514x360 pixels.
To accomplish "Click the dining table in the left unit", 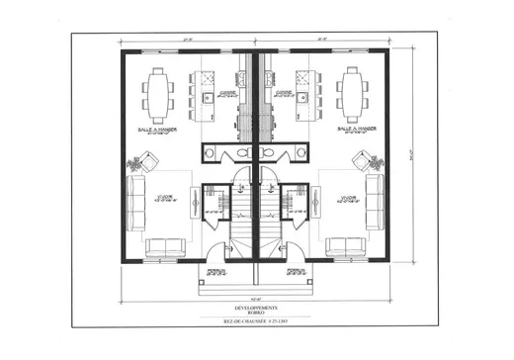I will point(159,90).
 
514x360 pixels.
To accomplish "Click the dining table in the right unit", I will point(353,90).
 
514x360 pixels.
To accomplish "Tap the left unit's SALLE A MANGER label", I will point(158,131).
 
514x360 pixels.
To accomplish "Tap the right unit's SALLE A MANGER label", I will point(354,131).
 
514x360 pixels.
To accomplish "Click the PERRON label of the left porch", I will point(217,269).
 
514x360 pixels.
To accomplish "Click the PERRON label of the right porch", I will point(295,269).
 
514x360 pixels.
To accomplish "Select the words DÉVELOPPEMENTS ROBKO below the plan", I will point(256,312).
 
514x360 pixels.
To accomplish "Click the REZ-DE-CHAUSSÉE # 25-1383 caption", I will point(256,324).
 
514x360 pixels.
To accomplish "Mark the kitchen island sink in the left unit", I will point(207,100).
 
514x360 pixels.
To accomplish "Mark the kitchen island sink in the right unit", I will point(305,100).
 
